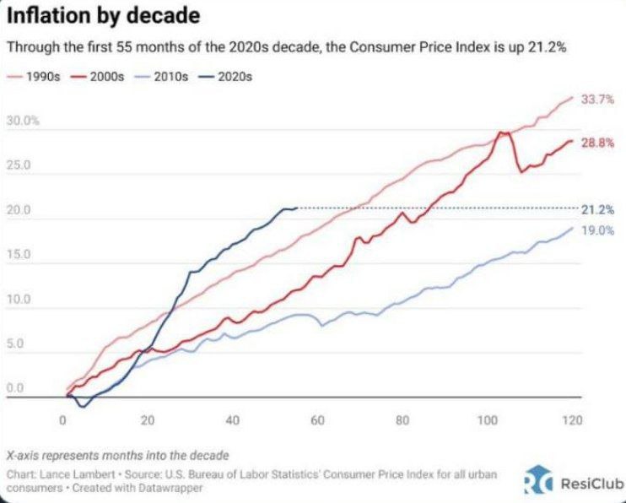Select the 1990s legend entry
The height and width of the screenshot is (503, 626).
coord(34,76)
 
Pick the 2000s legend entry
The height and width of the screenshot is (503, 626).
coord(100,76)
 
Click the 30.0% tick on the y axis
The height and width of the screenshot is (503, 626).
coord(23,122)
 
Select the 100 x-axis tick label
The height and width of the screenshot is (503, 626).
coord(487,420)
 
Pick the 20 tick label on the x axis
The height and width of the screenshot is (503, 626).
coord(148,420)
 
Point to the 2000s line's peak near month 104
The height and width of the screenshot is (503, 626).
coord(503,133)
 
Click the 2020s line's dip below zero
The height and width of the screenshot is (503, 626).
coord(82,407)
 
